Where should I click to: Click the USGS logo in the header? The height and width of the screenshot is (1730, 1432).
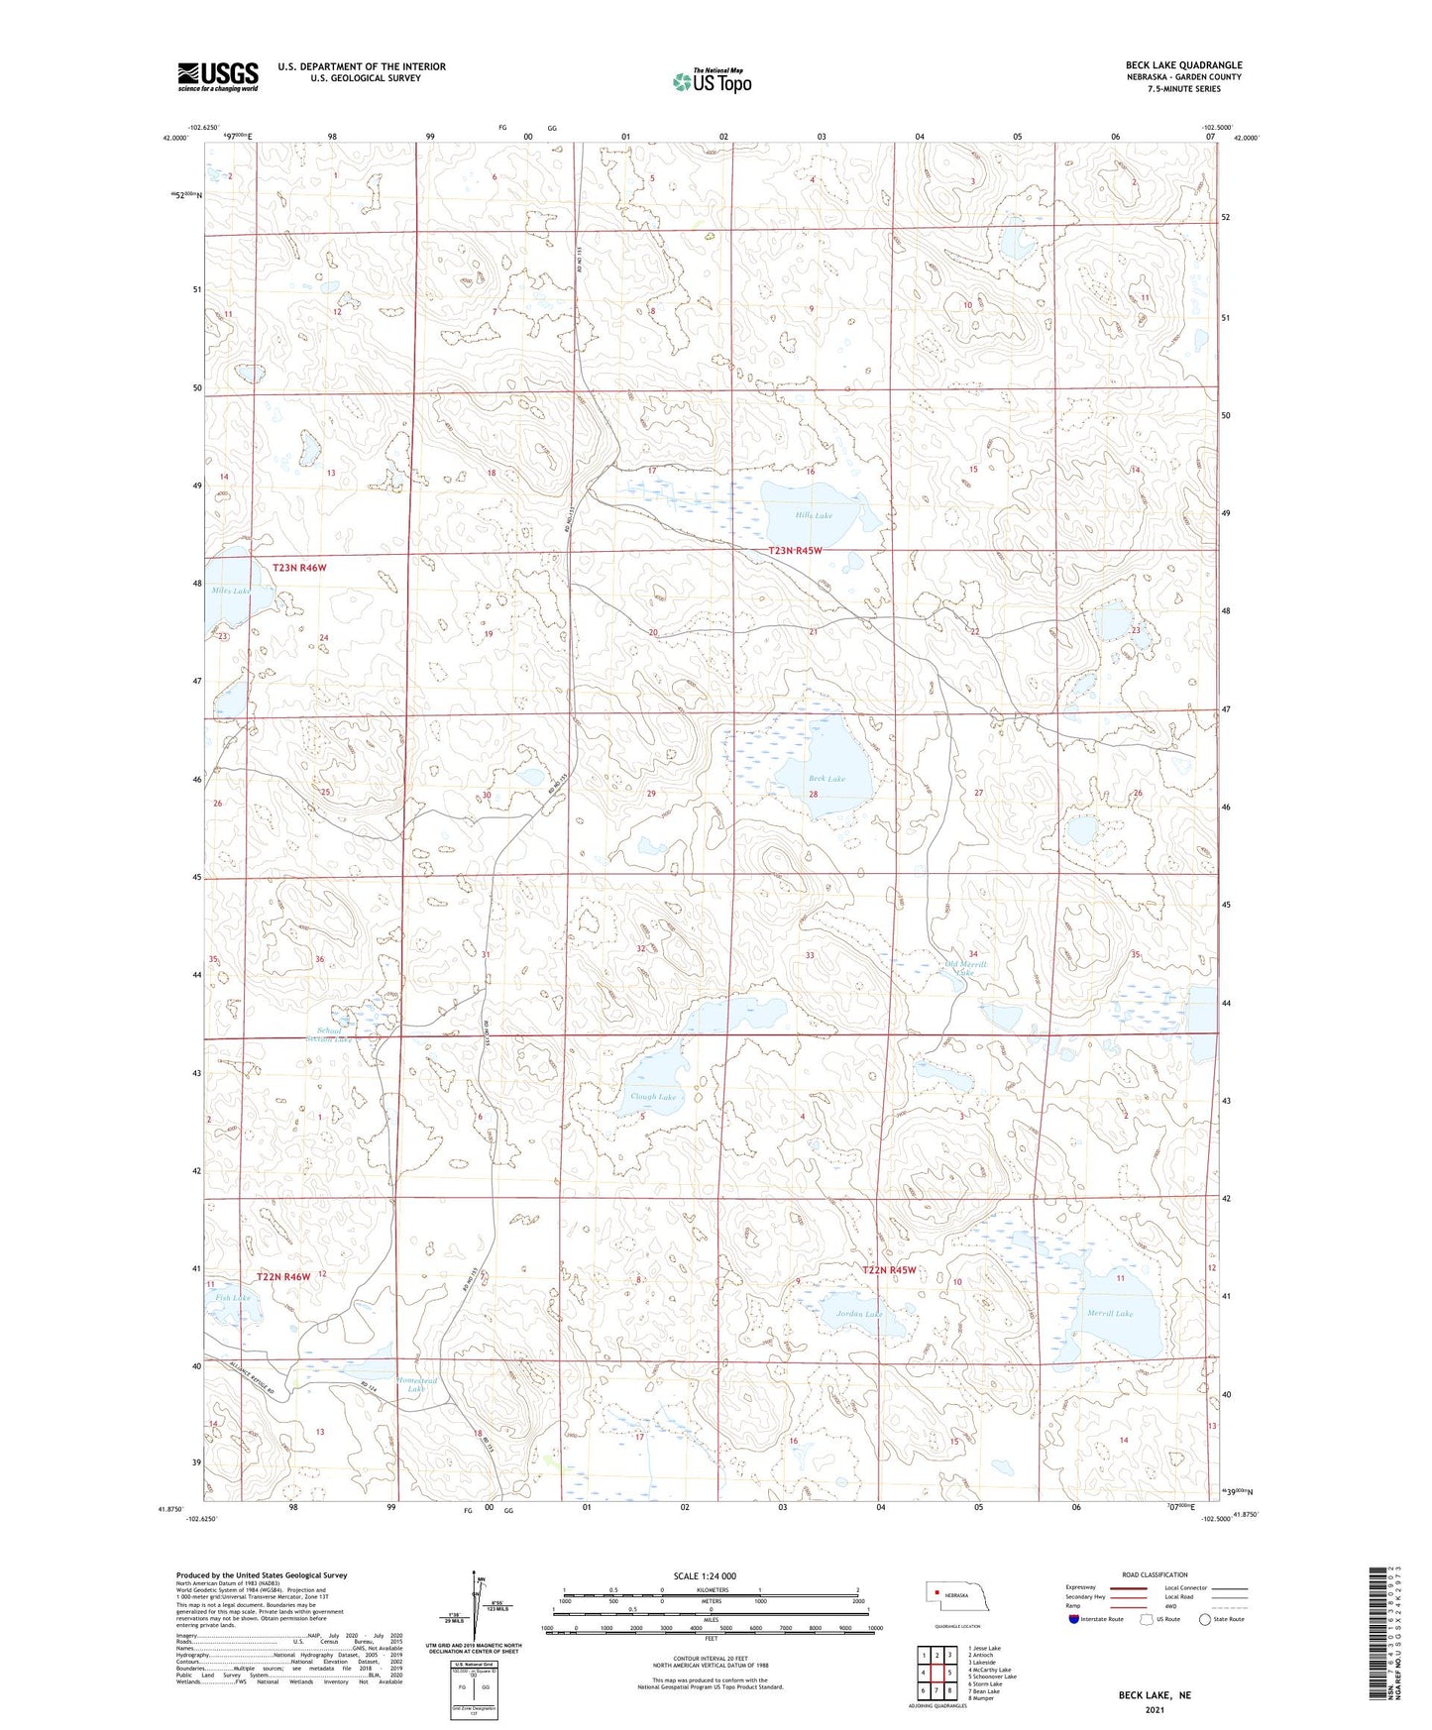(x=217, y=76)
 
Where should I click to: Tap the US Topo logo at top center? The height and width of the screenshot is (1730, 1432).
(x=711, y=81)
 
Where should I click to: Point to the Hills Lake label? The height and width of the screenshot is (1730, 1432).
(x=814, y=516)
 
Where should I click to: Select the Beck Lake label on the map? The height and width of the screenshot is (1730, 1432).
(x=826, y=779)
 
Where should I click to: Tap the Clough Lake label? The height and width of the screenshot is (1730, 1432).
(x=653, y=1097)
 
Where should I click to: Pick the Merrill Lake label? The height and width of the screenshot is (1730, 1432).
(x=1109, y=1313)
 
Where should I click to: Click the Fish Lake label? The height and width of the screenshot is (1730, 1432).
(x=232, y=1297)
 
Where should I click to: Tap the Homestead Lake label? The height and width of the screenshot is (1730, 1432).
(x=416, y=1384)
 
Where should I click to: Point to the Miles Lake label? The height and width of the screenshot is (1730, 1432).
(x=231, y=591)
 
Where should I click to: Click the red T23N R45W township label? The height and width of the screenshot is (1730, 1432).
(x=796, y=551)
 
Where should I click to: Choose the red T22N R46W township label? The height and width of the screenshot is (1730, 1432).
(x=283, y=1277)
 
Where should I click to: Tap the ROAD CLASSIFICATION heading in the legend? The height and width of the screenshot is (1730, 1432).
(x=1155, y=1574)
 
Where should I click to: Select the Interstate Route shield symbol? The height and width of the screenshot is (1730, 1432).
(x=1074, y=1619)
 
